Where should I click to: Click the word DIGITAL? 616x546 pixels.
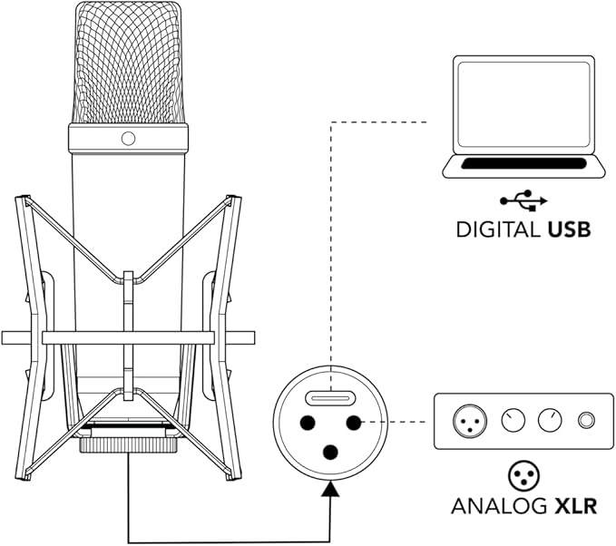(x=498, y=229)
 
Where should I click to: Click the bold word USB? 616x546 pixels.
(x=569, y=229)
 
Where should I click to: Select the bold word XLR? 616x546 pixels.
(x=575, y=505)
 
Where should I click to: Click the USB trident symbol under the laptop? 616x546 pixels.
(x=523, y=200)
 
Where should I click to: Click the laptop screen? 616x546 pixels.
(x=523, y=105)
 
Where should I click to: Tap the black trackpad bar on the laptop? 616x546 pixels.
(x=523, y=163)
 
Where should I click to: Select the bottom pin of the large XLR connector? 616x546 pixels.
(x=330, y=453)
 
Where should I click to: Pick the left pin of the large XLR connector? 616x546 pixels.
(x=308, y=423)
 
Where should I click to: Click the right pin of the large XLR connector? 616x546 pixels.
(x=353, y=423)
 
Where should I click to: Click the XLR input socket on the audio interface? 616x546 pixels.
(x=470, y=421)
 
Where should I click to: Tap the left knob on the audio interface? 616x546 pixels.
(x=513, y=421)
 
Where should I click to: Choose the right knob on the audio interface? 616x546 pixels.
(x=550, y=421)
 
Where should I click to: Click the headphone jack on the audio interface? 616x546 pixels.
(x=586, y=421)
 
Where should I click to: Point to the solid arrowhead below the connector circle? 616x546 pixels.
(x=330, y=488)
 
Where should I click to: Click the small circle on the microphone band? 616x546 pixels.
(x=129, y=138)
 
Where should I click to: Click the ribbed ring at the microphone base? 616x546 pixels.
(x=129, y=445)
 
